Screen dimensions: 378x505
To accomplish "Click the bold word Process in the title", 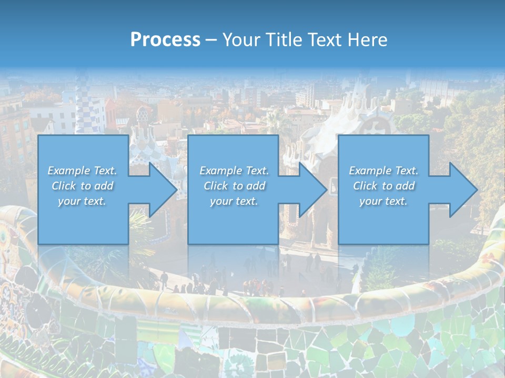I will coord(165,40).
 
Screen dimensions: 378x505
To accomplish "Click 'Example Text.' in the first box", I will coord(83,171).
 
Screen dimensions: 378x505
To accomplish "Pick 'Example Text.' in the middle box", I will coord(234,171).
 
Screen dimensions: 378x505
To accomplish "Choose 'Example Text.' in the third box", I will coord(383,171).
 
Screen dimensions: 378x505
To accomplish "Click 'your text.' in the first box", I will coord(83,201).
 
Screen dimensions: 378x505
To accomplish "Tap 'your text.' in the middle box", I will coord(234,201).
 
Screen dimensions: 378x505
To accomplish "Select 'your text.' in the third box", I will coord(383,201).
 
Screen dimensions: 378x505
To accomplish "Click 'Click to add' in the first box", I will coord(83,186).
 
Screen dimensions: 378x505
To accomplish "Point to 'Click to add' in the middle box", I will coord(234,186).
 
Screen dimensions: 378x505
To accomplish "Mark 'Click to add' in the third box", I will coord(383,186).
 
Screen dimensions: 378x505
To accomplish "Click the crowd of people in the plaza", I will coord(252,286).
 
